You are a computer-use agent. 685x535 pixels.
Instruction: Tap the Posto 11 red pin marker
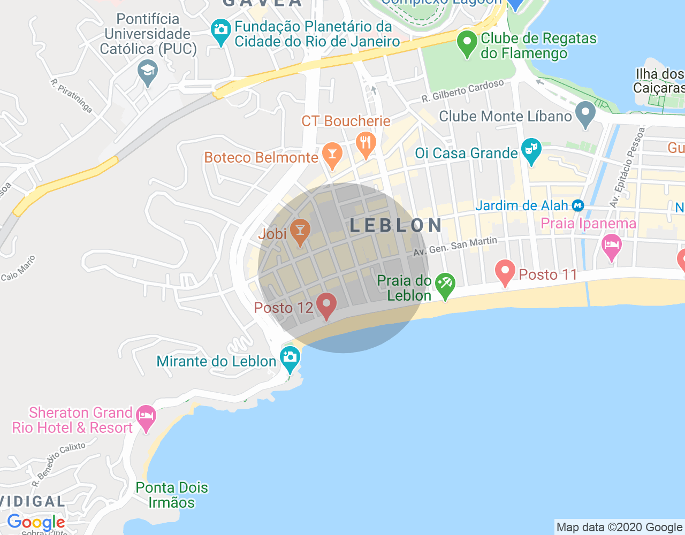point(505,272)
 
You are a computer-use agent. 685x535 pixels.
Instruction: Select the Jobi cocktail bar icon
point(300,232)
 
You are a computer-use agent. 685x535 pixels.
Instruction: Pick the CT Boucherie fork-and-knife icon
point(366,143)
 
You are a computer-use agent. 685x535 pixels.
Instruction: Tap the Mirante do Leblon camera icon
point(290,358)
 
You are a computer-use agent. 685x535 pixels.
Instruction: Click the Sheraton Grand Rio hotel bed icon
point(146,417)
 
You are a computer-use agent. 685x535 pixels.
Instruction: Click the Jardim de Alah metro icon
point(578,205)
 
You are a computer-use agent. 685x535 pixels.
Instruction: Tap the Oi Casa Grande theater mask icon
point(531,151)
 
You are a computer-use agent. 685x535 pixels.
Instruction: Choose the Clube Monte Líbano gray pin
point(585,114)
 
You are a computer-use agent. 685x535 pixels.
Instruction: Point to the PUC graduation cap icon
point(147,72)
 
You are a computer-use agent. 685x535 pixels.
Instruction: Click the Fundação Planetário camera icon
point(220,32)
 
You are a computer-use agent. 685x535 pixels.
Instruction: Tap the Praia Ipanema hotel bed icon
point(611,247)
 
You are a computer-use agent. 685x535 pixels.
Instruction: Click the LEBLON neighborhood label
point(396,226)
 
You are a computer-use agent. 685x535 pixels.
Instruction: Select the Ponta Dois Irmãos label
point(171,495)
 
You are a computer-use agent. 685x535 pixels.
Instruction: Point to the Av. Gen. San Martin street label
point(455,247)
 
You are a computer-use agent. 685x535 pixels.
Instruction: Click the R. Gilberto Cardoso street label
point(462,91)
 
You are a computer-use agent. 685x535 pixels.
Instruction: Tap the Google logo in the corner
point(36,522)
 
